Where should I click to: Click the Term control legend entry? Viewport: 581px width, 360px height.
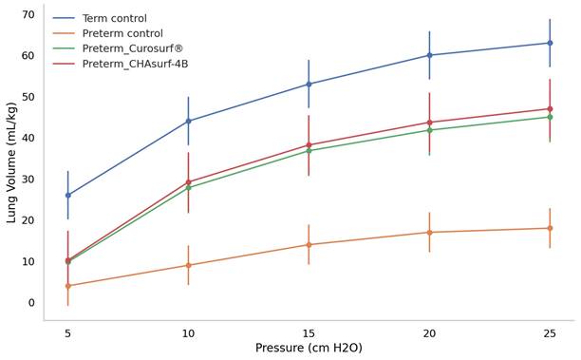pyautogui.click(x=115, y=18)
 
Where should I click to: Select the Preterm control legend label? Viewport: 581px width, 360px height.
pyautogui.click(x=122, y=33)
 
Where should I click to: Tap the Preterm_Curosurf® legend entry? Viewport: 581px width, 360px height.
pyautogui.click(x=133, y=48)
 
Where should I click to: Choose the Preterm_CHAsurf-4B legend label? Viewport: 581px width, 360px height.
pyautogui.click(x=135, y=64)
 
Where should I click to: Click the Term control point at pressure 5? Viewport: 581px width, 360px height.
pyautogui.click(x=67, y=195)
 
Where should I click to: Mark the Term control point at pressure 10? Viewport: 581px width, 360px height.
pyautogui.click(x=188, y=121)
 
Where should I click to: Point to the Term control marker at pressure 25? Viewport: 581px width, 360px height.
pyautogui.click(x=550, y=43)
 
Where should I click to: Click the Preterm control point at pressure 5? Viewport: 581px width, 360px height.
pyautogui.click(x=67, y=286)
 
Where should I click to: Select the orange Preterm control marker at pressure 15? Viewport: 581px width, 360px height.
pyautogui.click(x=309, y=245)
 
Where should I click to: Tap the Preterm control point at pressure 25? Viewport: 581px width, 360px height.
pyautogui.click(x=550, y=228)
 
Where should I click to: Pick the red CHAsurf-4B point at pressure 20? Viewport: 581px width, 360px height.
pyautogui.click(x=429, y=123)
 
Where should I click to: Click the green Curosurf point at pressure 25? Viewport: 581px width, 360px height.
pyautogui.click(x=550, y=117)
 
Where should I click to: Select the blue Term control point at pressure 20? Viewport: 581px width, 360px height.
pyautogui.click(x=429, y=55)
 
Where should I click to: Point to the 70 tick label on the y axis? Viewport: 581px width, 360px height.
pyautogui.click(x=28, y=14)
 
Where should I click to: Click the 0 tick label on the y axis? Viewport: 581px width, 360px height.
pyautogui.click(x=31, y=303)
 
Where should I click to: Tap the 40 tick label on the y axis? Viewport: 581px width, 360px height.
pyautogui.click(x=28, y=138)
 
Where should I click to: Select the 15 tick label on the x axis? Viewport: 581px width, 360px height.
pyautogui.click(x=309, y=333)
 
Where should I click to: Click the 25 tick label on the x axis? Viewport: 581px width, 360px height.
pyautogui.click(x=550, y=333)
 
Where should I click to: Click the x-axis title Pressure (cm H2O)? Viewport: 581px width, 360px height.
pyautogui.click(x=309, y=348)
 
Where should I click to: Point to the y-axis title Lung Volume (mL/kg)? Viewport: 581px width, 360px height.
pyautogui.click(x=11, y=162)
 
